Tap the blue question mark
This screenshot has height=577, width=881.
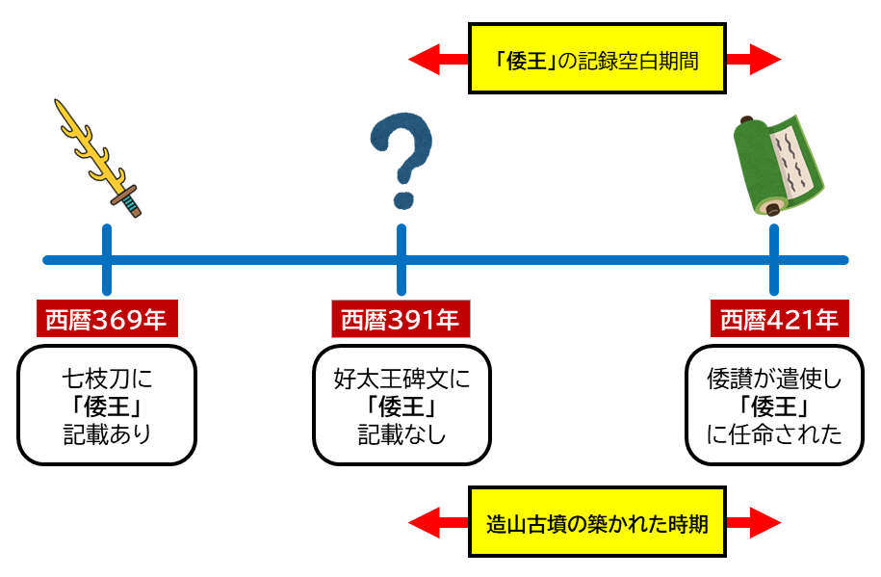(401, 159)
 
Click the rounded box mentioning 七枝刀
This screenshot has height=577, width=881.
(107, 405)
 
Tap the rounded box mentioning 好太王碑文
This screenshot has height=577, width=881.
(402, 405)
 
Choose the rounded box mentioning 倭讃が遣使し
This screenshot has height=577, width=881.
(774, 405)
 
